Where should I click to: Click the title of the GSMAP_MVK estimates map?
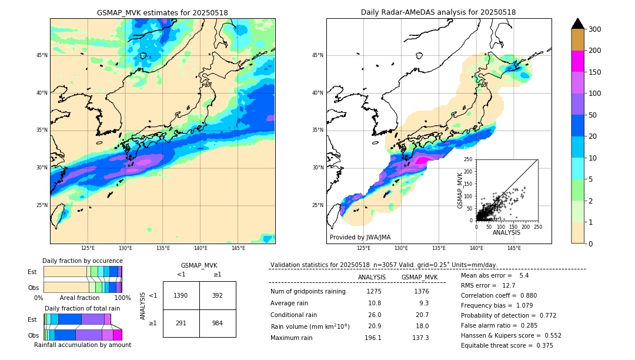click(x=162, y=12)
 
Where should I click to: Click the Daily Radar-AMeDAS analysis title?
click(x=438, y=12)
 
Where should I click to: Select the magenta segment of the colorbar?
click(x=577, y=61)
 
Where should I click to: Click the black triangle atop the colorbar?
click(x=577, y=24)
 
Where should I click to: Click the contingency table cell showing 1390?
click(x=181, y=295)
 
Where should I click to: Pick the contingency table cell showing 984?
click(x=218, y=323)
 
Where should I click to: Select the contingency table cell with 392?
click(x=218, y=295)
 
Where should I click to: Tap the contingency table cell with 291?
click(x=181, y=323)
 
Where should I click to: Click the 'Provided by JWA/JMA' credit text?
click(x=360, y=237)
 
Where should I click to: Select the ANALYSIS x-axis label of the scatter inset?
click(x=506, y=232)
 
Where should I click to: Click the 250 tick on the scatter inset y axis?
click(x=469, y=159)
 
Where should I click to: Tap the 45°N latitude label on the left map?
click(x=42, y=55)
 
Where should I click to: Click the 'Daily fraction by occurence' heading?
click(x=82, y=261)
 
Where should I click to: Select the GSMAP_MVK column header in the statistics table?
click(x=419, y=277)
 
